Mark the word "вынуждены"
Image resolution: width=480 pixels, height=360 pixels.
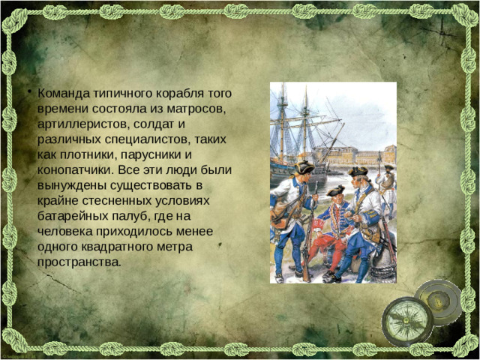68,185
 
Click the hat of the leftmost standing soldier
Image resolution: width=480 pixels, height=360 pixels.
303,166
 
